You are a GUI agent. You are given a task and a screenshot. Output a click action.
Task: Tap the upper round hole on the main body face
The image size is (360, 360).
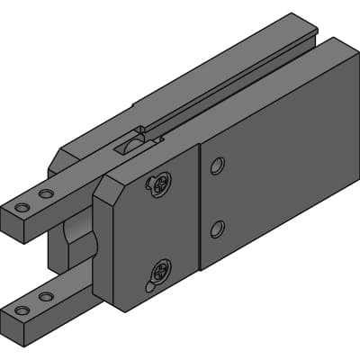coord(217,166)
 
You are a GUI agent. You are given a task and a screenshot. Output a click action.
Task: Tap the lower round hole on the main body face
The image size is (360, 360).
coord(217,229)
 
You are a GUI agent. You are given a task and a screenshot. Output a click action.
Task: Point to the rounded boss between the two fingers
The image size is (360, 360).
coord(77,243)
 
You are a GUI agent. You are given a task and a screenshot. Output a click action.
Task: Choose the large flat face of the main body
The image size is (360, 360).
coord(279,171)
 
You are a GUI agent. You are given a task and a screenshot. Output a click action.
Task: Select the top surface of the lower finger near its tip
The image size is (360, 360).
coord(45,301)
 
